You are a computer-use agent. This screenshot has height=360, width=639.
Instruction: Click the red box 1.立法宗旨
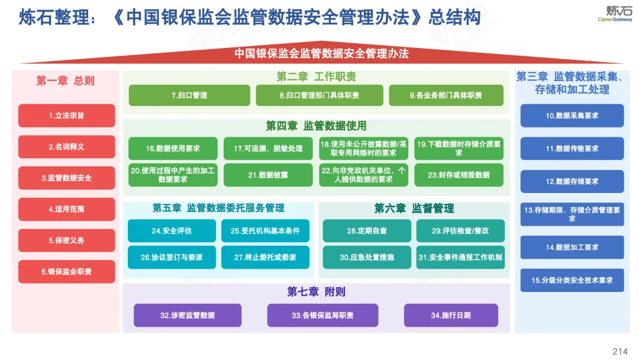click(66, 115)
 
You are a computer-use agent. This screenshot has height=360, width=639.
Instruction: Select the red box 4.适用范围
click(66, 209)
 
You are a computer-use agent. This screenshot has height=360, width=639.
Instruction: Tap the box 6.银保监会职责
click(66, 272)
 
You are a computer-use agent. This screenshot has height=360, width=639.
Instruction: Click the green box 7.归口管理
click(189, 95)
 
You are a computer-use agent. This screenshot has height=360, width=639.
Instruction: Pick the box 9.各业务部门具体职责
click(446, 95)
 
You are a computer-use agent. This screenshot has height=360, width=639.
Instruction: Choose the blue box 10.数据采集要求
click(572, 116)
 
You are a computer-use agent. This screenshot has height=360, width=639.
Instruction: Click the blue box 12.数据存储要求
click(572, 181)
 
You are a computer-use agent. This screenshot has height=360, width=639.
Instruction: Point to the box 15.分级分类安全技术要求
click(572, 280)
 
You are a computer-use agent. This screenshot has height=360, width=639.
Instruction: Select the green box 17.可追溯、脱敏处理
click(268, 149)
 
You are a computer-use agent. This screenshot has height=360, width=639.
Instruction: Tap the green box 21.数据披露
click(268, 175)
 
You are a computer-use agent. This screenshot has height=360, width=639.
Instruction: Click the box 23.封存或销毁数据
click(459, 175)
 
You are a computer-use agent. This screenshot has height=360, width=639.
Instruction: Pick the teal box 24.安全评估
click(172, 231)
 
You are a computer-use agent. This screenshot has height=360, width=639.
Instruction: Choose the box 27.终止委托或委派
click(265, 257)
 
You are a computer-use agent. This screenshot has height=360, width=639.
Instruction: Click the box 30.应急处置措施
click(367, 257)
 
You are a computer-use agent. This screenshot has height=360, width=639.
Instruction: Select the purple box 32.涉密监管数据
click(188, 315)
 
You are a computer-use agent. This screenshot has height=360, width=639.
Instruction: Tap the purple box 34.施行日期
click(451, 315)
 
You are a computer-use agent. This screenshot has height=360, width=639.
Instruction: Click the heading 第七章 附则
click(316, 291)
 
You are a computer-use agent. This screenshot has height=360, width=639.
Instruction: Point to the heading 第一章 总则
click(65, 81)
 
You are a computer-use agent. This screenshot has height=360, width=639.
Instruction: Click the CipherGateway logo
click(615, 14)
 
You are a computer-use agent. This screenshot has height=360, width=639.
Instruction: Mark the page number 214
click(620, 352)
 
